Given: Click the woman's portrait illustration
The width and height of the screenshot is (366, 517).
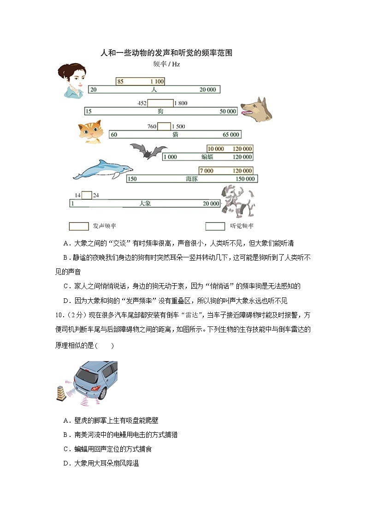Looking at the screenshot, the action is coord(72,81).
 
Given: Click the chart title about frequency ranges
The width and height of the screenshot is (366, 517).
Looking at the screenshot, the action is coord(166,53).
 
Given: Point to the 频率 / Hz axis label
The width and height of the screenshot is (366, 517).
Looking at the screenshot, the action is coord(166,64).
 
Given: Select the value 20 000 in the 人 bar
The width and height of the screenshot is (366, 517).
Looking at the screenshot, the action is coord(207,90).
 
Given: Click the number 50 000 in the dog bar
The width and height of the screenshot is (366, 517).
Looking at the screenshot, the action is coord(228,111).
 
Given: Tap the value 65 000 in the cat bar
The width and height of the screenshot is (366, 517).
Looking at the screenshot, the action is coord(231,134).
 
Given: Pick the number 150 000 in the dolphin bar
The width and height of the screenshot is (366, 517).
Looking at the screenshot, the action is coord(244,179).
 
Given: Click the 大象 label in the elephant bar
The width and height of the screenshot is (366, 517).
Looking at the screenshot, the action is coord(145,203).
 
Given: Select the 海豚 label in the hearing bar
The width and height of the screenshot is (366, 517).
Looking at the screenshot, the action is coord(192,179).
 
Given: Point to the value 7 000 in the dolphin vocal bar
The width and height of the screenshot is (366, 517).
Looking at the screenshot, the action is coord(207,171).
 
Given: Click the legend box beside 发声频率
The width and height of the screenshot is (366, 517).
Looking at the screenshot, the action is coord(78,227).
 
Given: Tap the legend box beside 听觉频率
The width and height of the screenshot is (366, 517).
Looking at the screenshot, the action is coord(215,227).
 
